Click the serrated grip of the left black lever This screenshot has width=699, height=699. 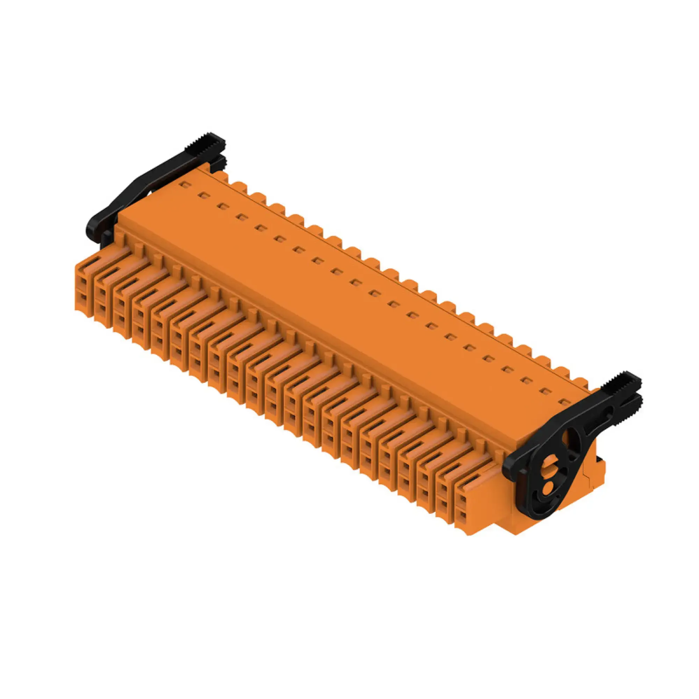[x=205, y=143]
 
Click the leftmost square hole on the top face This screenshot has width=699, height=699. [x=186, y=185]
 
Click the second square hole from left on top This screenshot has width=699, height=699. [x=204, y=196]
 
